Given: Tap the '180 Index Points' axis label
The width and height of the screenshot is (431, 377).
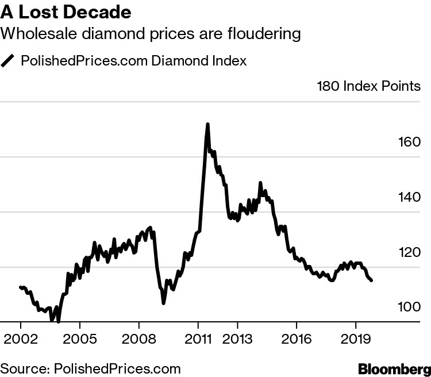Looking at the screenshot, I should [x=368, y=87].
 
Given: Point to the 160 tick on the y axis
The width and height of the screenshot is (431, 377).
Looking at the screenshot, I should [x=410, y=143].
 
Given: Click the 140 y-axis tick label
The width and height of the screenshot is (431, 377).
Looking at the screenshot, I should [x=410, y=198].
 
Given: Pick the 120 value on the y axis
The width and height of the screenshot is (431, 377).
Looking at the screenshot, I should [x=410, y=253].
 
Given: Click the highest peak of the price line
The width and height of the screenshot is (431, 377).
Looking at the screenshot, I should [x=207, y=124].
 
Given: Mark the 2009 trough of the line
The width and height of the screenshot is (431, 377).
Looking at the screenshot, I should [x=164, y=302].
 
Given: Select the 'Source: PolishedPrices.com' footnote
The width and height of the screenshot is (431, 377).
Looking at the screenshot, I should [x=91, y=368].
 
